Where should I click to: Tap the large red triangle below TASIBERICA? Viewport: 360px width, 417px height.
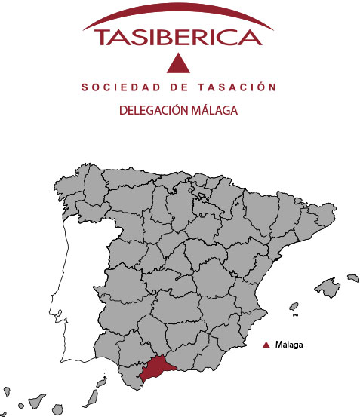[x=179, y=65]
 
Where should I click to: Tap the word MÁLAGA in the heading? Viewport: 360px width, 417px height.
[x=214, y=110]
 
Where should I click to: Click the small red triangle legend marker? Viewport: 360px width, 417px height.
[x=266, y=345]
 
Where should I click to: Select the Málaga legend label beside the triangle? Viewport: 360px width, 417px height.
[x=289, y=345]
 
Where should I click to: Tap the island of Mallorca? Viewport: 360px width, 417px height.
[x=328, y=287]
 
